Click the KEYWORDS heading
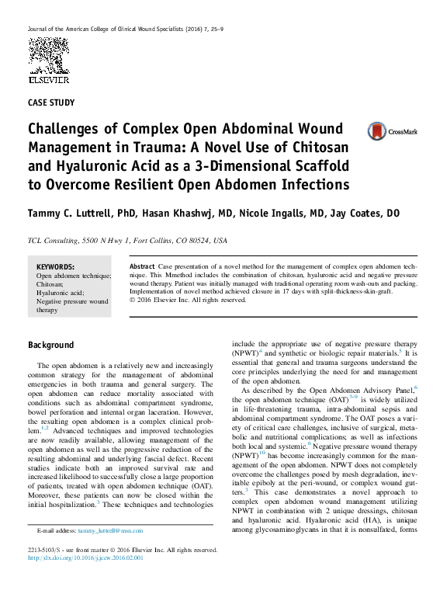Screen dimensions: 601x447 (55, 266)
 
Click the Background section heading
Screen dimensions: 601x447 (51, 345)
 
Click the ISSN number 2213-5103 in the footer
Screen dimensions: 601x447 (46, 550)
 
